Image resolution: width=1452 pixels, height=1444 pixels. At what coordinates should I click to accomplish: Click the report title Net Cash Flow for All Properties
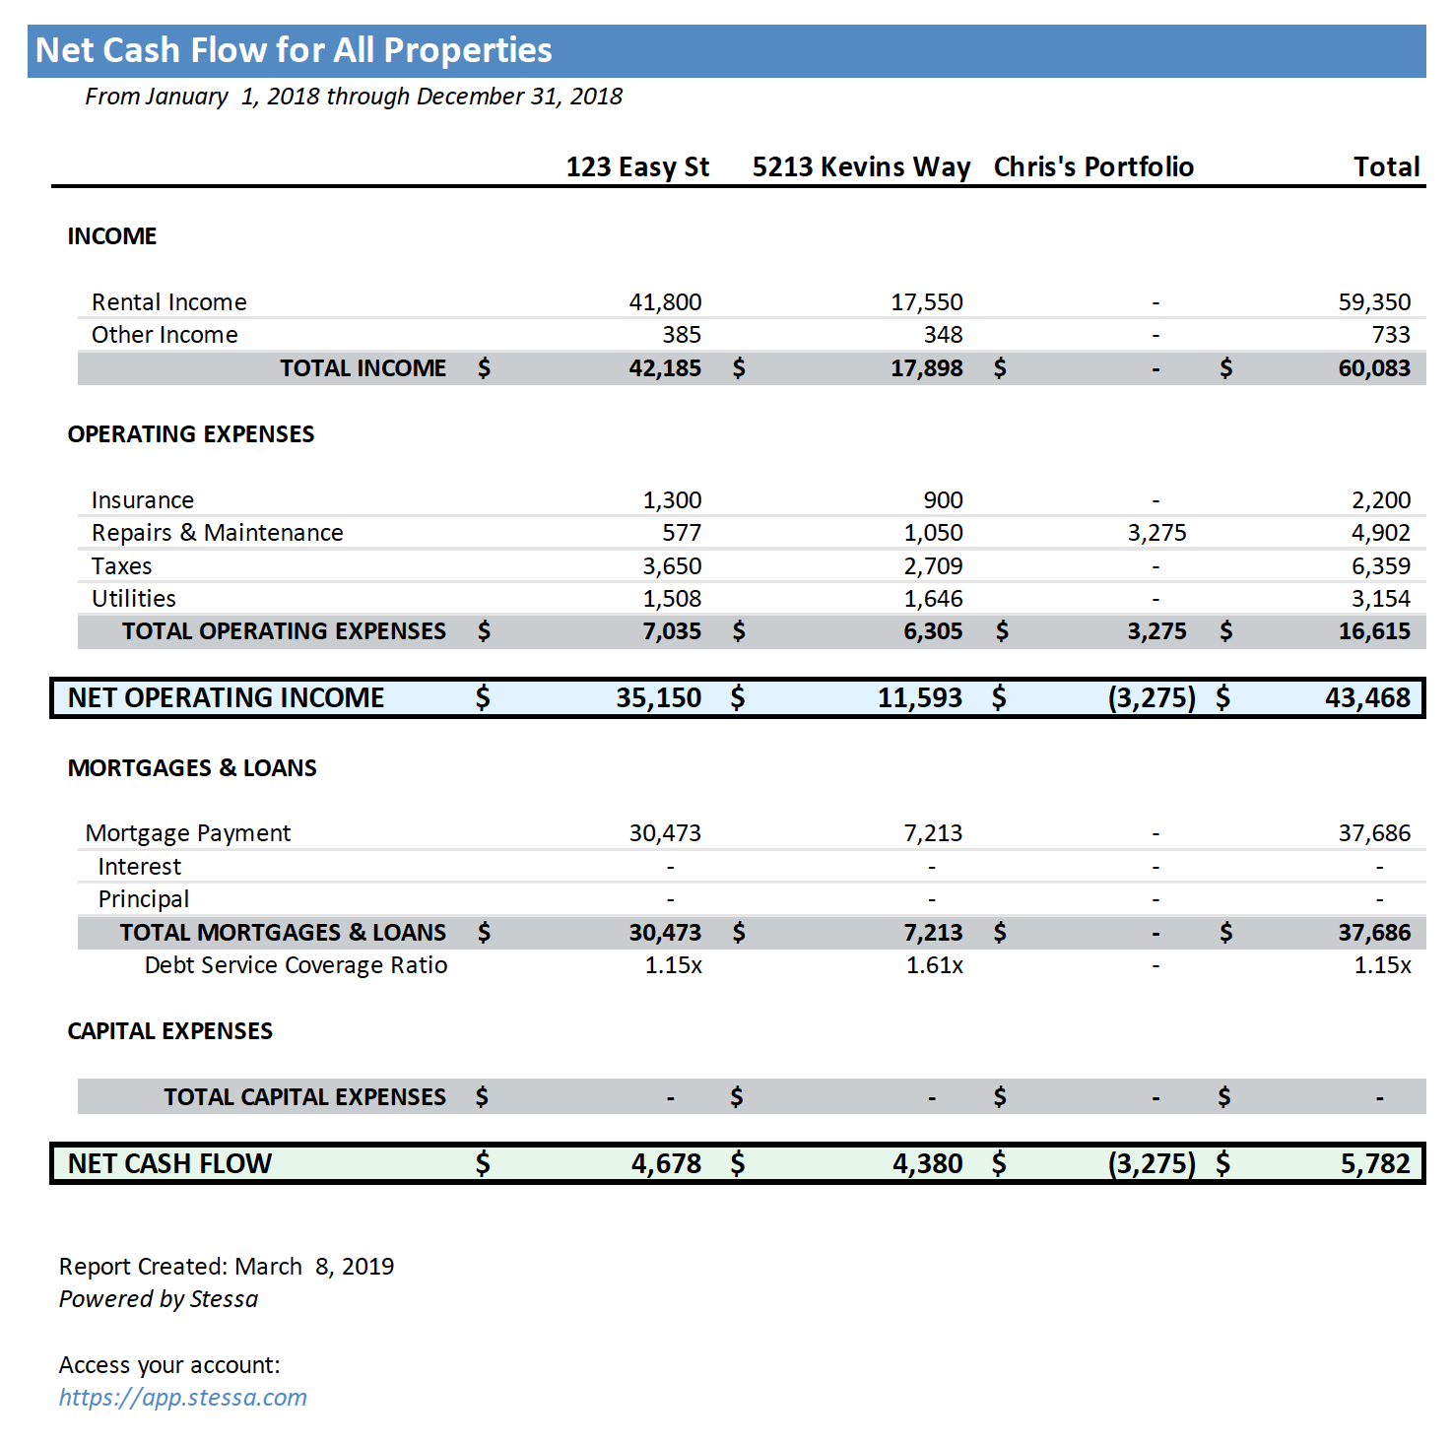coord(294,50)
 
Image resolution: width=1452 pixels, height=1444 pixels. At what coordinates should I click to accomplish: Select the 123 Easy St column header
coord(637,167)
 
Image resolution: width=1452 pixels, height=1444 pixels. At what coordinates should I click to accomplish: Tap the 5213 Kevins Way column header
coord(861,167)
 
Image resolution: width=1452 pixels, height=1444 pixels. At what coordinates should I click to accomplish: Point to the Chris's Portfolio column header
coord(1093,167)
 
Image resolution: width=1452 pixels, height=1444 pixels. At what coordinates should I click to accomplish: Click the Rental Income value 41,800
coord(665,302)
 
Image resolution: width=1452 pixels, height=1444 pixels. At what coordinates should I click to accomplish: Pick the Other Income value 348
coord(943,335)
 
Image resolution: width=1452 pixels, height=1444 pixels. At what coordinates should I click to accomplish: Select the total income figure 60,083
coord(1374,368)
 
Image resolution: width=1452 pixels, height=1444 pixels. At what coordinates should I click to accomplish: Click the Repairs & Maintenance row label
coord(217,533)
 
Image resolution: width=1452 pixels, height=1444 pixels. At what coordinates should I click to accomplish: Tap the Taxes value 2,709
coord(933,566)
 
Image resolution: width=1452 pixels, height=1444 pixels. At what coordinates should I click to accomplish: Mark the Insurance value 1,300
coord(672,500)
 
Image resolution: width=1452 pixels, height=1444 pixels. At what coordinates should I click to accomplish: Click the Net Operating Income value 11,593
coord(919,698)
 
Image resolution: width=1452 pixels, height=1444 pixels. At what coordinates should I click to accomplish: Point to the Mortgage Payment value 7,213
coord(933,833)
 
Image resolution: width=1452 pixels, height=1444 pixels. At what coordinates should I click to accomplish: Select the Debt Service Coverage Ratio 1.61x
coord(934,965)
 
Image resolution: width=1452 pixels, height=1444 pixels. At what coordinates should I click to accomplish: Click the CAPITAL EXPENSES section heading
coord(169,1031)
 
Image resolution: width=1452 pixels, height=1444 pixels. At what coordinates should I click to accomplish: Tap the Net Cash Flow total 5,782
coord(1375,1164)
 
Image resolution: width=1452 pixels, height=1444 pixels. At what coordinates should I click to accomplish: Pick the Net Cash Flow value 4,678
coord(666,1164)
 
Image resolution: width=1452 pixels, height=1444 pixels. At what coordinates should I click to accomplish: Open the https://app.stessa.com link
coord(183,1398)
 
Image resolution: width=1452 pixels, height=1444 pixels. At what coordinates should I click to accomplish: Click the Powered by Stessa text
coord(159,1299)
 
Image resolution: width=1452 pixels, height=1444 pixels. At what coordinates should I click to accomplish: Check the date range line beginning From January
coord(354,97)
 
